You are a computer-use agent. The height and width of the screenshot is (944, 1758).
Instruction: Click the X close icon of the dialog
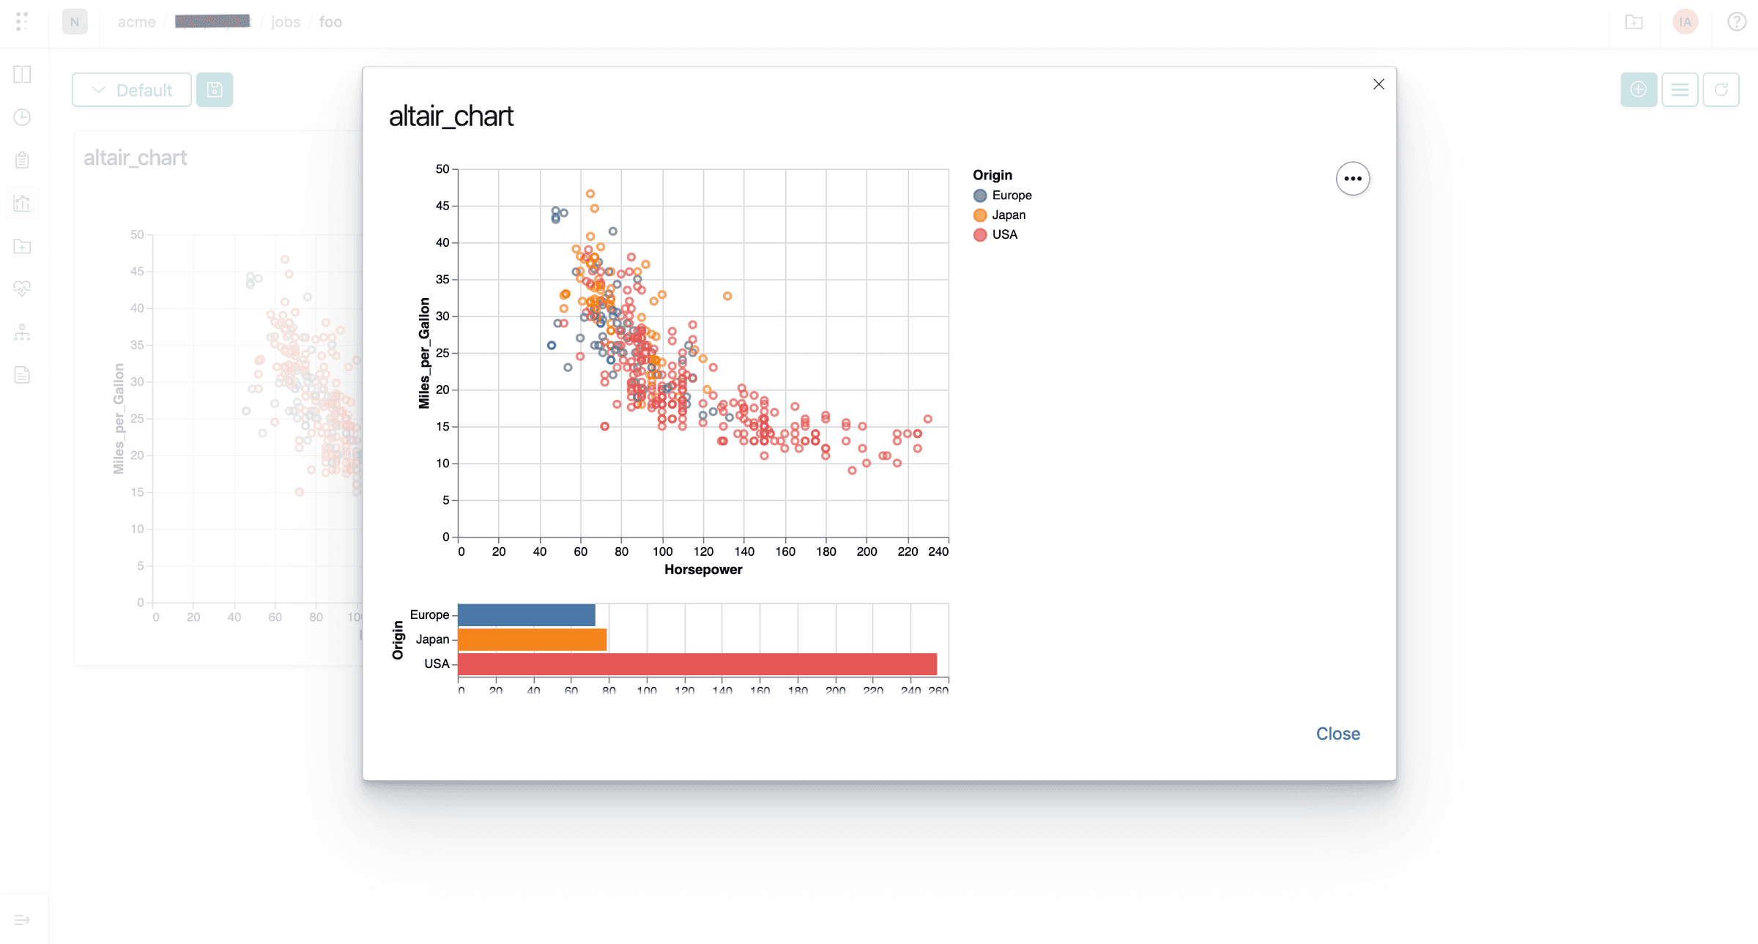1378,84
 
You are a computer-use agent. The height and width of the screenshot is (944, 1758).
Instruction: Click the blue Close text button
1337,733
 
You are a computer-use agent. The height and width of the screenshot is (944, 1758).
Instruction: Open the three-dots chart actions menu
1352,179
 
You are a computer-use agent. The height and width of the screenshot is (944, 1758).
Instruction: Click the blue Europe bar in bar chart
526,615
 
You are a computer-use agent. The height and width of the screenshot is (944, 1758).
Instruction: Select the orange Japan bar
532,639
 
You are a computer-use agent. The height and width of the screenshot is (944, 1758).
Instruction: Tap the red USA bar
697,664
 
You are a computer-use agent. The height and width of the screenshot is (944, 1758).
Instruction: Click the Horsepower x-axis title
702,570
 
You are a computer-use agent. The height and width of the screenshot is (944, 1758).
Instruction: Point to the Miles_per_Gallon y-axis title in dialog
424,353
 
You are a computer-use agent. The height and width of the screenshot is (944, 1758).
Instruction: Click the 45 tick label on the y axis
442,206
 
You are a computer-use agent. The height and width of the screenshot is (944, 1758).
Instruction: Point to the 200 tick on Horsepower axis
867,551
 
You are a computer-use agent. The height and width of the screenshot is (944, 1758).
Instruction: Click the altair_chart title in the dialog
450,116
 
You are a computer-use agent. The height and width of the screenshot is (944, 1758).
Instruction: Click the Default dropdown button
132,90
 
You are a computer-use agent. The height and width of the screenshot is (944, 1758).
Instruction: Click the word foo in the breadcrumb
330,22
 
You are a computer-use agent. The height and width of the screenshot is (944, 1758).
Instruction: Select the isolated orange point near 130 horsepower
727,297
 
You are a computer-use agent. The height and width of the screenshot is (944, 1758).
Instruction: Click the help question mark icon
1736,22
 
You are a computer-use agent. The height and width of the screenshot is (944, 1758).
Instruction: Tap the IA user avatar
1685,22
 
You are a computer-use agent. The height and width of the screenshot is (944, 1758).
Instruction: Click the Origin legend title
992,175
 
